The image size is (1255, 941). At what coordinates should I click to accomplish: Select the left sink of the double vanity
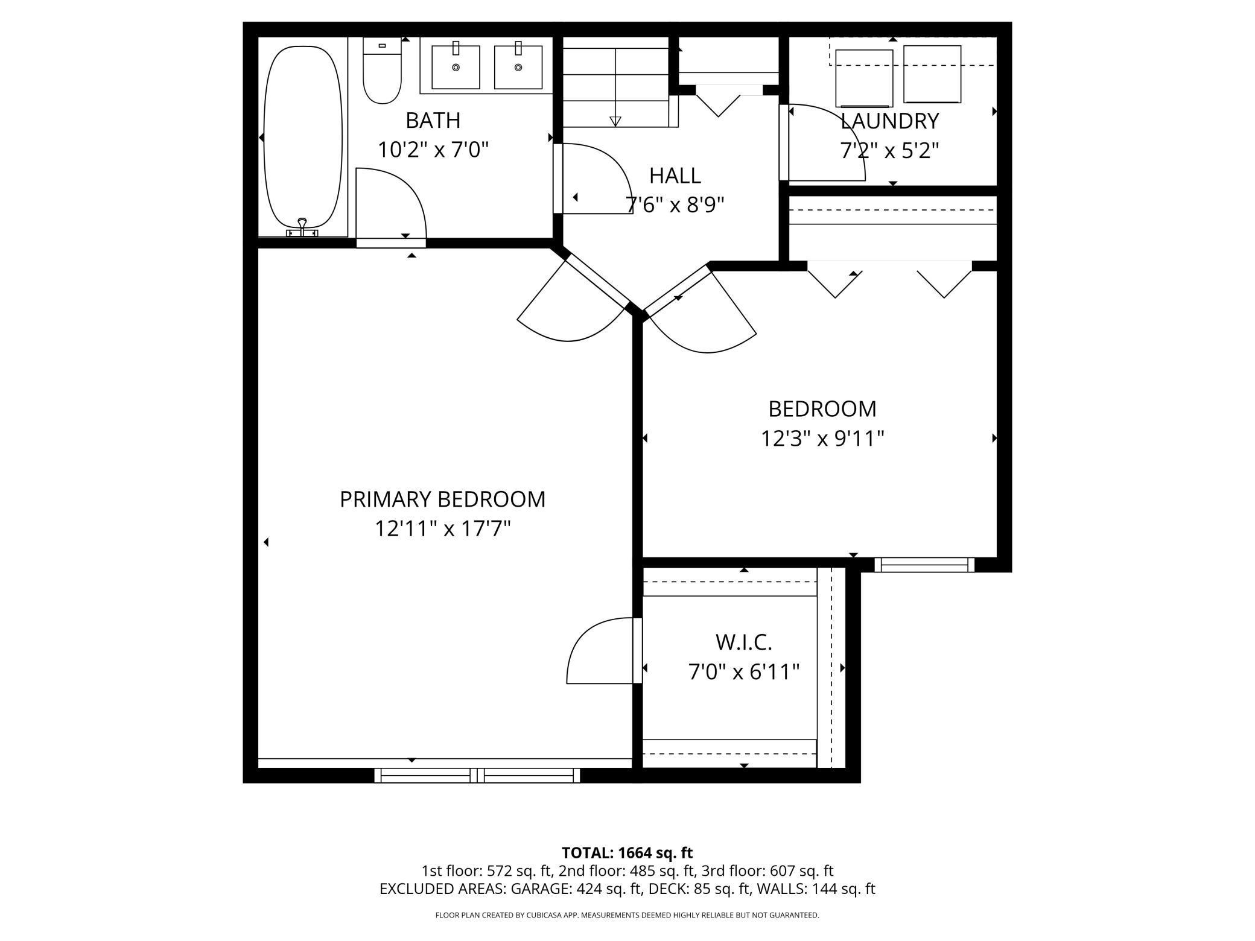456,66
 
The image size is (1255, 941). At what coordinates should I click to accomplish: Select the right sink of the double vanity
518,66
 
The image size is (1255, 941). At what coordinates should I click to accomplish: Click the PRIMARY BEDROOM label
442,499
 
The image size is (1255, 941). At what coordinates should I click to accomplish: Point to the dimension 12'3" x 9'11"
822,439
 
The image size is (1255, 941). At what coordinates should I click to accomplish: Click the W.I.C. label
743,642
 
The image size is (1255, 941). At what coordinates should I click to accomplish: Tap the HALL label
675,176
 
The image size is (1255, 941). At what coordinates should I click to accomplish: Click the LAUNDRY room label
889,121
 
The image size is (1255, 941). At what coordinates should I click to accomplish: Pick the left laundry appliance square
863,78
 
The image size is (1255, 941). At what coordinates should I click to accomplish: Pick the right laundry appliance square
932,74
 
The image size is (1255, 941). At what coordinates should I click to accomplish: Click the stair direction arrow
615,121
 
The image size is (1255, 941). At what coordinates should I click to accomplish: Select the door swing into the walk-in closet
600,651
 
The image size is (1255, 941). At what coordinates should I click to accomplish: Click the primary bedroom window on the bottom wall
477,775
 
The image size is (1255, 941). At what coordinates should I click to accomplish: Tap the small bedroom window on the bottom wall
924,565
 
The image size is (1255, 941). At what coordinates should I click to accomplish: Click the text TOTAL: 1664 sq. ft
627,853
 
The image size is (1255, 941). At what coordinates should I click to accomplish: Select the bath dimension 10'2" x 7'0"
433,150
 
